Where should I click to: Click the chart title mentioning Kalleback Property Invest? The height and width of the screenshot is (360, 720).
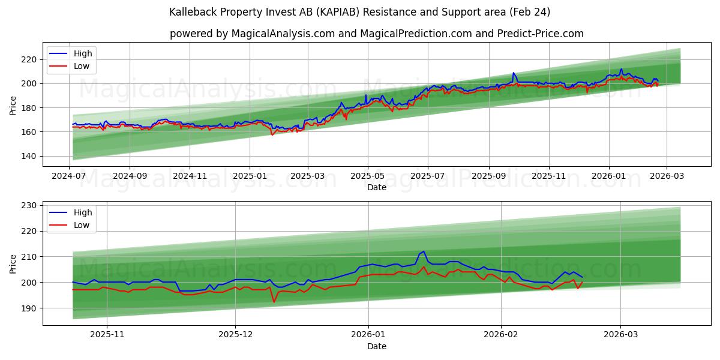(359, 12)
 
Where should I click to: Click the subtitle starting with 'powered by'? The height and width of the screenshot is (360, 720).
(376, 34)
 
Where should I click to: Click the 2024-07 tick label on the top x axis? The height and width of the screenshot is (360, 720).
(70, 176)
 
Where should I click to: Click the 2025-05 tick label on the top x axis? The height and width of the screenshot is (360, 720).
(367, 176)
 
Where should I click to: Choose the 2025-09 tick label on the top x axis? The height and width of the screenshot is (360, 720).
(488, 176)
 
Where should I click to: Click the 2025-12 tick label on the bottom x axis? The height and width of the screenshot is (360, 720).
(235, 335)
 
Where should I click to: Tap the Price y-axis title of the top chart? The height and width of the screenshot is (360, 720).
(13, 104)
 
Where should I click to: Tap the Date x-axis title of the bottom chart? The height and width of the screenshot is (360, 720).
(376, 346)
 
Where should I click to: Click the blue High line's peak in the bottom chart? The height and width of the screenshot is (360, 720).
(424, 251)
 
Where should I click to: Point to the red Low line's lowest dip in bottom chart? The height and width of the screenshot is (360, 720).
(274, 302)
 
